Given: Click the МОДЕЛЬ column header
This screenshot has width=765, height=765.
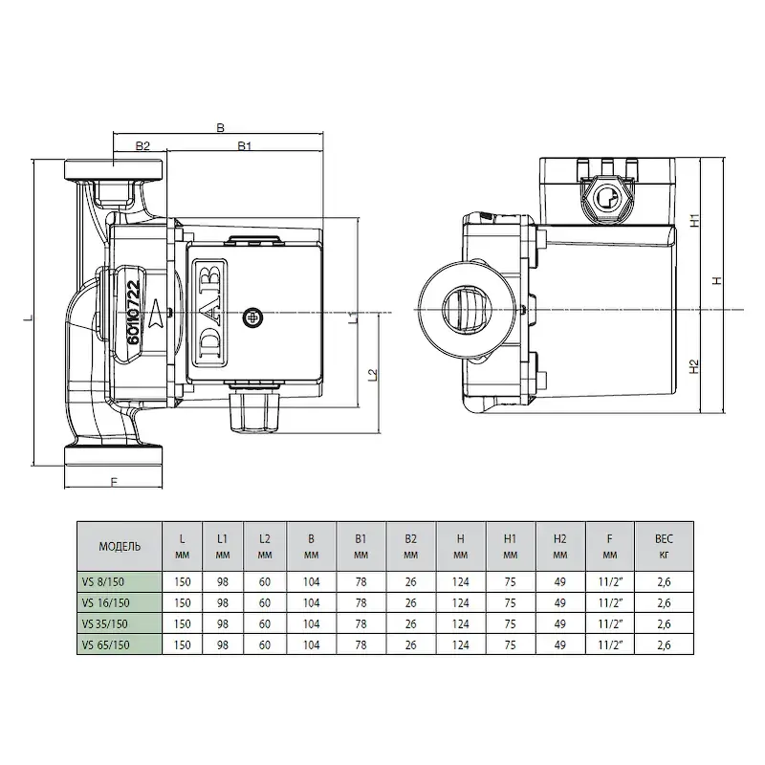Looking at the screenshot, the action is (x=120, y=546).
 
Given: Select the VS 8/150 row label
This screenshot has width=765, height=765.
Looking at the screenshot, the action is (x=103, y=582).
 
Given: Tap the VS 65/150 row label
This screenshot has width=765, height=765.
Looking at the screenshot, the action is (x=106, y=645).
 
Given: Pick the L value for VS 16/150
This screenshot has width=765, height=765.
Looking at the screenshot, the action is (x=182, y=603).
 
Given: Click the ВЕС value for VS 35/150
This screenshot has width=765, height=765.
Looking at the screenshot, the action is (x=664, y=624).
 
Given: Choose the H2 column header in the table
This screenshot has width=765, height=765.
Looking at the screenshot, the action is (x=560, y=546).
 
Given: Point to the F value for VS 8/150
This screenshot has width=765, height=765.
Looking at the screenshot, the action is (x=611, y=582).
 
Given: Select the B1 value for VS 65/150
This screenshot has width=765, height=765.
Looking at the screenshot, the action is (x=361, y=645).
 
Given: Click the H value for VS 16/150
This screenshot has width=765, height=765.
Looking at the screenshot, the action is (x=461, y=603).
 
